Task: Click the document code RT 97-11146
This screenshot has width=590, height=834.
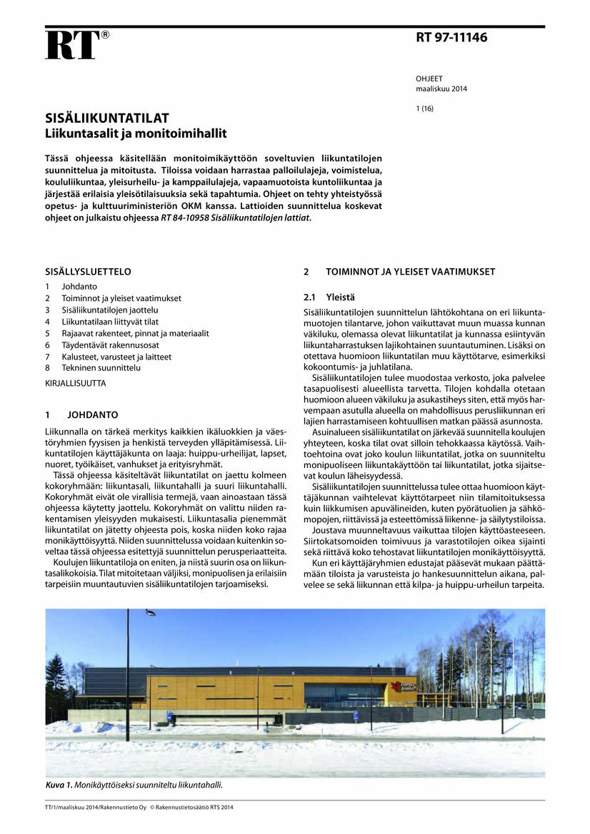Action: pyautogui.click(x=451, y=38)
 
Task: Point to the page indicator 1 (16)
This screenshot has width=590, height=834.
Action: pyautogui.click(x=424, y=109)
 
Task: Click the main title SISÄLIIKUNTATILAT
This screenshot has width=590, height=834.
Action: pyautogui.click(x=107, y=118)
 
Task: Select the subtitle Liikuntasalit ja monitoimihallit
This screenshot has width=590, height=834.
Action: pyautogui.click(x=136, y=133)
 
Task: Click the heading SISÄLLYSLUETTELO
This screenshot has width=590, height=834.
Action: pyautogui.click(x=88, y=272)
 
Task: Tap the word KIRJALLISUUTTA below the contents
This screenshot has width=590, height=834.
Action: pyautogui.click(x=75, y=383)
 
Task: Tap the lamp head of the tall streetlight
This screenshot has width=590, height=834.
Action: pyautogui.click(x=150, y=612)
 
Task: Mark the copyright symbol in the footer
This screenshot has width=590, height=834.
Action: pyautogui.click(x=151, y=808)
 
